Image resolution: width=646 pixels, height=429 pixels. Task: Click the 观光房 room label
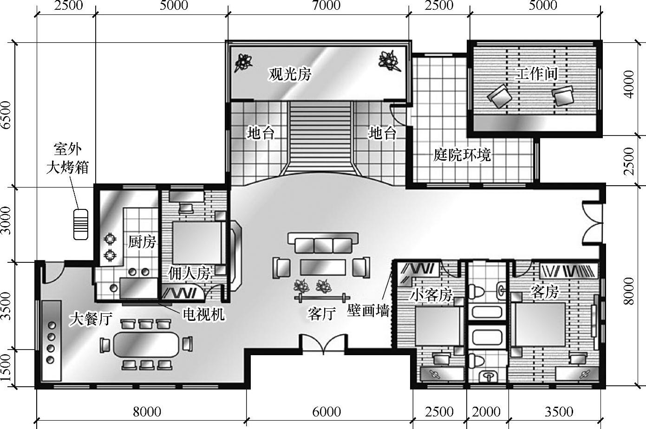(290, 74)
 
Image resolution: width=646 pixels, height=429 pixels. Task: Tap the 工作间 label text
(537, 73)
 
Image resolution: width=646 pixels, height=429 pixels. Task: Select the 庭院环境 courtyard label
(462, 155)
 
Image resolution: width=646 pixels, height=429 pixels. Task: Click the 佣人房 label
(189, 273)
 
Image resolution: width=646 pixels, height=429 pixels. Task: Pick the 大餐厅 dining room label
(91, 319)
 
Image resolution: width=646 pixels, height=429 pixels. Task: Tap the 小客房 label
(431, 295)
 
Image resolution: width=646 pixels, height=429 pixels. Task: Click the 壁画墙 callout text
(368, 311)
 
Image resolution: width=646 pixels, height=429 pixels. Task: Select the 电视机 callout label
(204, 314)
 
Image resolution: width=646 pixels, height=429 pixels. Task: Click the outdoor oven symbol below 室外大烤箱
(81, 225)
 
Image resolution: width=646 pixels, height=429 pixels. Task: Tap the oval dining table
(146, 345)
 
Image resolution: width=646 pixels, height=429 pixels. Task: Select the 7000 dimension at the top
(326, 5)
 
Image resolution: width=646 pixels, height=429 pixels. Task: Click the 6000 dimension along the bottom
(326, 412)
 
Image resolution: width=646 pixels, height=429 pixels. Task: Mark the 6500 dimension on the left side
(6, 115)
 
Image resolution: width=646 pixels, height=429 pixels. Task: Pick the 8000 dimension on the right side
(629, 291)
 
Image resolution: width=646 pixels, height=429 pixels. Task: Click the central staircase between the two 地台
(321, 138)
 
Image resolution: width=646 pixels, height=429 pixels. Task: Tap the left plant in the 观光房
(243, 62)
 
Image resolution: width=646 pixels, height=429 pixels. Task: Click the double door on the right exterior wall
(592, 223)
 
